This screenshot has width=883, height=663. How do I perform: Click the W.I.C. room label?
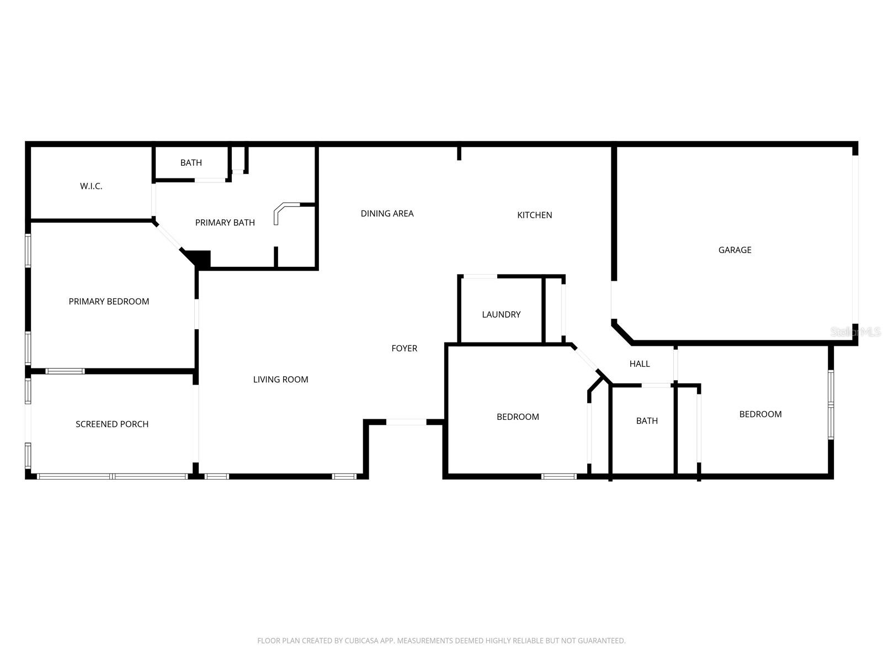[x=91, y=186]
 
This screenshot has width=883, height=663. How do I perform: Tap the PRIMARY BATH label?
[x=225, y=223]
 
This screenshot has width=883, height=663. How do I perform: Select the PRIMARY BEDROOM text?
[x=109, y=302]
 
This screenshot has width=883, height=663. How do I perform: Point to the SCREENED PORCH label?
[x=112, y=424]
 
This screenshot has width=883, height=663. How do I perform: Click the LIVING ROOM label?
[x=280, y=380]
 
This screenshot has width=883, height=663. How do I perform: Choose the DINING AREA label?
[x=387, y=214]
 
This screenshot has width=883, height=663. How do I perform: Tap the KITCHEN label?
[x=534, y=215]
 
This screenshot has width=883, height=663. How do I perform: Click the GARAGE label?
[x=735, y=250]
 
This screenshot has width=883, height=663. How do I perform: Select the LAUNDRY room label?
[x=501, y=315]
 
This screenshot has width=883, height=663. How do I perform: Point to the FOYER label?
[x=404, y=349]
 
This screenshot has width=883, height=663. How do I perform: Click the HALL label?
[x=640, y=364]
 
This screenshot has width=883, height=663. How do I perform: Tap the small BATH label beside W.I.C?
[x=191, y=163]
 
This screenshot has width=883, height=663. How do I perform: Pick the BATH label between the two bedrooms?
[x=647, y=421]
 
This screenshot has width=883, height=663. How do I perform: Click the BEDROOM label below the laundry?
[x=518, y=417]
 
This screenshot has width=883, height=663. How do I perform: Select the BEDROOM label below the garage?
[x=760, y=414]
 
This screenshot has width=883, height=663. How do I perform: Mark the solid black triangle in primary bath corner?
[x=200, y=258]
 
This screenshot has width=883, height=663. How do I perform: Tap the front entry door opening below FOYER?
[x=406, y=422]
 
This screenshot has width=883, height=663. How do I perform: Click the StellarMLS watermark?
[x=855, y=332]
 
